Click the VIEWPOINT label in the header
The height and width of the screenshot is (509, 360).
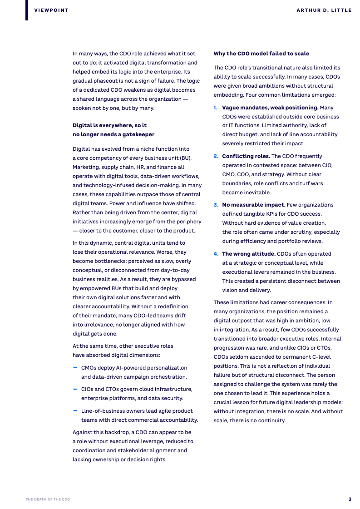51,10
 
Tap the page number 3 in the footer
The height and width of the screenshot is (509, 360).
350,499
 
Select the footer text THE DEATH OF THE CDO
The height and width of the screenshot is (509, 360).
48,499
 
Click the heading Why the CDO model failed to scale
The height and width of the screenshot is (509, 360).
261,54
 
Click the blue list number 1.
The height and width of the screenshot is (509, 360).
216,108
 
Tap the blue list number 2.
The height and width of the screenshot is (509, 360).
216,156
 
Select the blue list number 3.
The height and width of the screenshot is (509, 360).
216,205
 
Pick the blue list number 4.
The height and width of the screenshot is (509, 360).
216,254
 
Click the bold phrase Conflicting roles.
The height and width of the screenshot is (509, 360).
246,156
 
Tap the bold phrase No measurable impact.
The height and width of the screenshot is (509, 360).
254,205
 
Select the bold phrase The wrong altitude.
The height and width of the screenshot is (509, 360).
249,254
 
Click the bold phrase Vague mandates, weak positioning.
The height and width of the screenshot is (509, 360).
270,108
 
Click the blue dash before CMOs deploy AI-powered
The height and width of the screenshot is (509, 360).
75,367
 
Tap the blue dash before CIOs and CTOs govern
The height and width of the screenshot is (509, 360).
75,389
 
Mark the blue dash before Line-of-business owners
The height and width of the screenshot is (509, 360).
75,410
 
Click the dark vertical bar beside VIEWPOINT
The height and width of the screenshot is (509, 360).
27,10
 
